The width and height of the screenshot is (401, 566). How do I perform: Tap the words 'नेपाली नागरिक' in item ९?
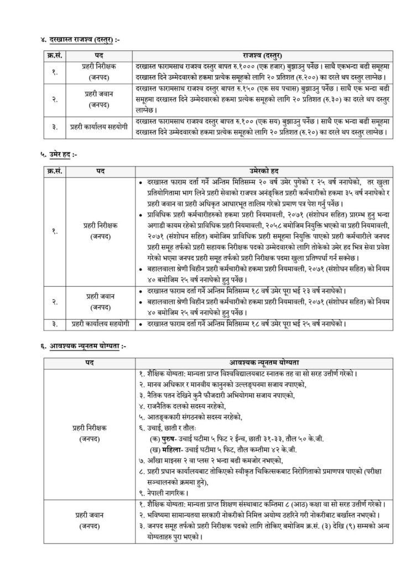coord(166,491)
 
